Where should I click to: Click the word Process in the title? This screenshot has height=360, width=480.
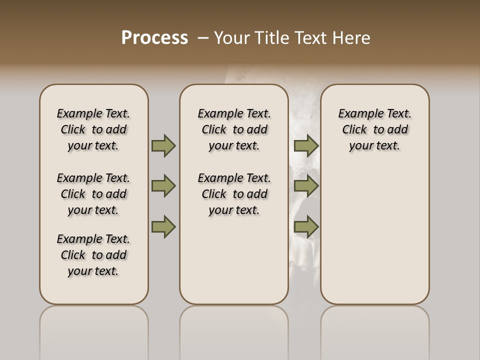click(x=154, y=38)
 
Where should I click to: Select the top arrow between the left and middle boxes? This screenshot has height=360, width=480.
click(x=163, y=145)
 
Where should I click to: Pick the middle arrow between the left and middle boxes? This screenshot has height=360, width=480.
click(x=163, y=186)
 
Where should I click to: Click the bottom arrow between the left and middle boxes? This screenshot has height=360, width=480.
click(x=163, y=227)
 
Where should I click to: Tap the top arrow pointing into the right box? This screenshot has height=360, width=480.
click(x=306, y=145)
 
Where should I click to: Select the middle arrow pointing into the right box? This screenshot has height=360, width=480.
click(x=306, y=186)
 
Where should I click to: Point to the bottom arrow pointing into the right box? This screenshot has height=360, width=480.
click(x=306, y=227)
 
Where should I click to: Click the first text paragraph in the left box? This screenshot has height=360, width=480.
click(x=93, y=129)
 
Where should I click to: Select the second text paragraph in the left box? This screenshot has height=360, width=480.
click(x=93, y=194)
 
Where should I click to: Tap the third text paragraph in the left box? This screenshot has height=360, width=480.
click(x=93, y=255)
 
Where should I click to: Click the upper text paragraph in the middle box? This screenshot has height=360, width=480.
click(x=234, y=129)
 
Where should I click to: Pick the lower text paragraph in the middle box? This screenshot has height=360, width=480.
click(x=234, y=194)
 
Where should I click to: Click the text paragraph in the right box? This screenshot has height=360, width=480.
click(x=374, y=129)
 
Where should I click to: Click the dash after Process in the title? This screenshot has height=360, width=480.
click(x=203, y=38)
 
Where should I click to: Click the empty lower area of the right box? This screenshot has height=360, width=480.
click(x=374, y=235)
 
